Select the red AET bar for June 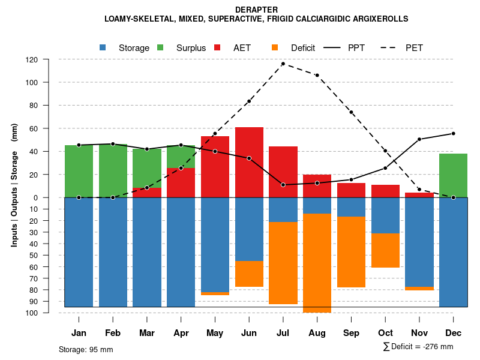click(x=249, y=162)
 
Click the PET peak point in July click(x=283, y=64)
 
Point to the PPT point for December click(x=453, y=133)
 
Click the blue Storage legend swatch click(x=103, y=47)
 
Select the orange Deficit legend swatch click(x=275, y=47)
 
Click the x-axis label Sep click(x=351, y=333)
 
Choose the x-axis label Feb click(x=113, y=333)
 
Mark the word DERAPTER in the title click(x=256, y=10)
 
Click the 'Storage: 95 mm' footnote click(x=86, y=349)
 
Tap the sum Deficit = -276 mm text click(x=418, y=347)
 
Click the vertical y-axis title click(x=14, y=185)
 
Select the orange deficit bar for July click(x=283, y=263)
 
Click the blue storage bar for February click(x=113, y=252)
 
